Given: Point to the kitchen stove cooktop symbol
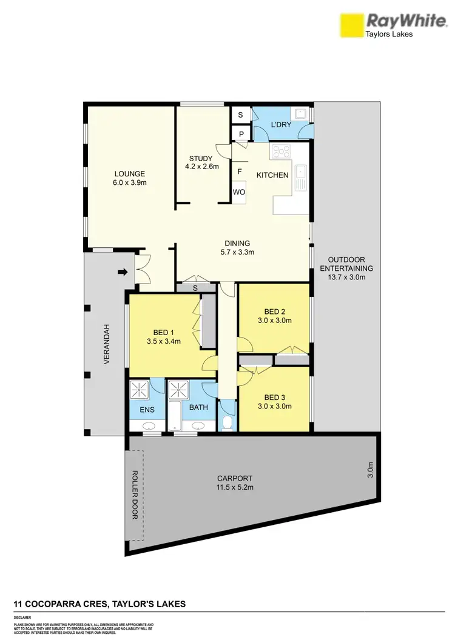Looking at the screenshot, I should point(281,152).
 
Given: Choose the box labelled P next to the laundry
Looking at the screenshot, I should point(240,135).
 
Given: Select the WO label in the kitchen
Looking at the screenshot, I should point(239,193).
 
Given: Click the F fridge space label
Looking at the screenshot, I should point(240,172).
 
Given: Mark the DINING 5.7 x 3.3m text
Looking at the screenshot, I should point(236,248).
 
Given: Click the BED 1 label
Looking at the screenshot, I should point(163,336).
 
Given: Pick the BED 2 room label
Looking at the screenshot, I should point(274,316).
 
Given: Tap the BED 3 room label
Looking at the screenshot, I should point(274,402).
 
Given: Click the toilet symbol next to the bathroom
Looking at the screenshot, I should point(227,422).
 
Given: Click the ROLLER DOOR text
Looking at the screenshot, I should point(135,495).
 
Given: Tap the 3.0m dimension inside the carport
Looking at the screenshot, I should point(371,470).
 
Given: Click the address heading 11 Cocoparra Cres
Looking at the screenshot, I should point(99,604).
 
